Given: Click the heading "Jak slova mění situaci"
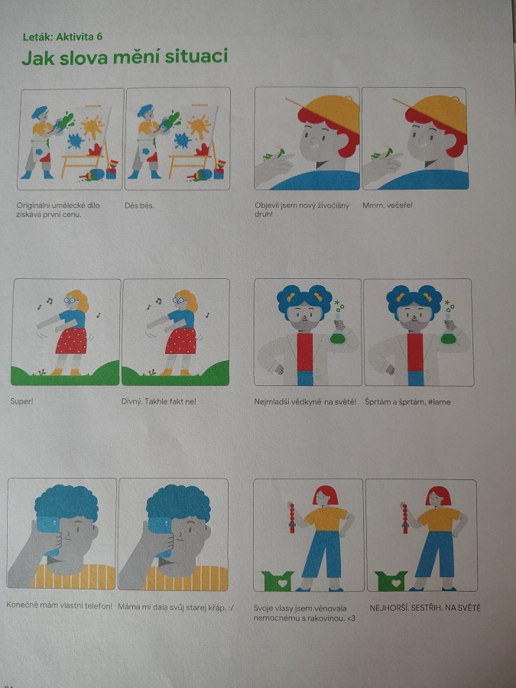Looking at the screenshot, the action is pos(125,57).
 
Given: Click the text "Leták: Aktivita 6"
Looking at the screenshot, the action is pos(63,37).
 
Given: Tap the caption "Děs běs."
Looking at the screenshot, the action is pos(139,206).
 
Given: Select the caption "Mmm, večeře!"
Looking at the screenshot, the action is pos(388,205).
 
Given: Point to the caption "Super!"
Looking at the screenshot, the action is pos(21,401).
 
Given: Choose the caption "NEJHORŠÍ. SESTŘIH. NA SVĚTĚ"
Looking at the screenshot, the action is pos(425,608).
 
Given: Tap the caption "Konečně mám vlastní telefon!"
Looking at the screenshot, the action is pos(59,605).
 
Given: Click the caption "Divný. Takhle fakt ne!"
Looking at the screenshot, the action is pos(159,401).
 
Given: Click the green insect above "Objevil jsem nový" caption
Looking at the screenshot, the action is pos(274,153).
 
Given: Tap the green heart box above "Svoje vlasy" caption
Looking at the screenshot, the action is pos(277,580).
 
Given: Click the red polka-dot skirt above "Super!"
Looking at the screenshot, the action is pos(72,340).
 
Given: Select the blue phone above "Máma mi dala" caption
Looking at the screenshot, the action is pos(161,536).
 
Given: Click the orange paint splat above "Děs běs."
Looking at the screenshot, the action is pos(199,126).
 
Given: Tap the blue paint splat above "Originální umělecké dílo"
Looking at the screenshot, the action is pos(76,141).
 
